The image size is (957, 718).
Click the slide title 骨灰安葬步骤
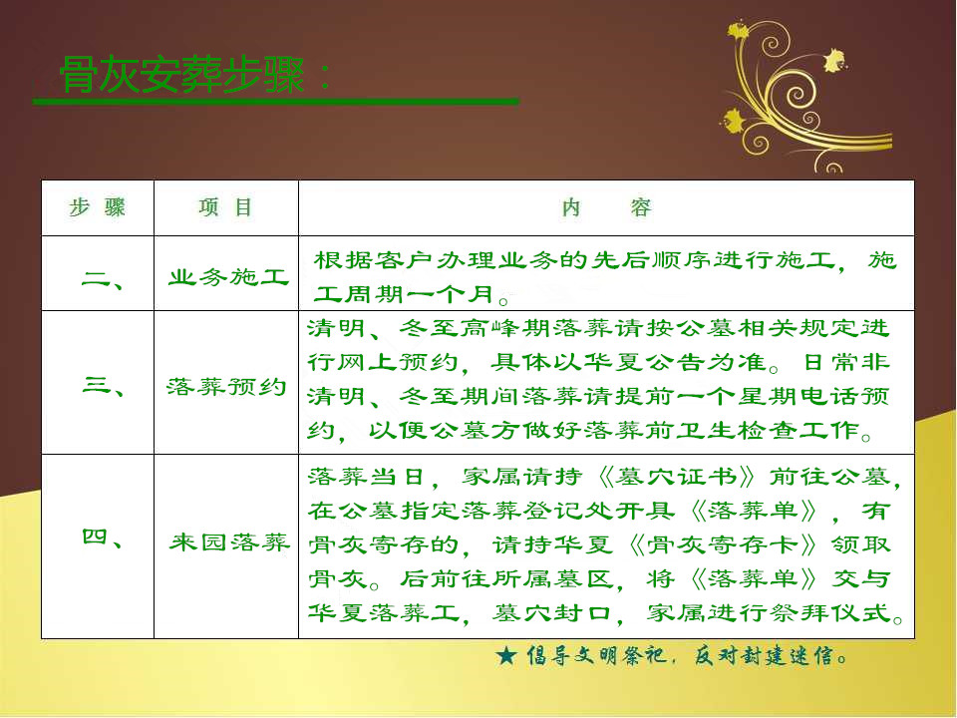coord(181,75)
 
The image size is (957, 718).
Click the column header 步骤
coord(98,207)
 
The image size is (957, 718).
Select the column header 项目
coord(225,207)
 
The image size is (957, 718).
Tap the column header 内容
coord(607,208)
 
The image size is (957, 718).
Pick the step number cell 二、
coord(102,280)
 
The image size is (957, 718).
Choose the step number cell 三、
coord(103,385)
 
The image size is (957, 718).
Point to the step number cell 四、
coord(103,538)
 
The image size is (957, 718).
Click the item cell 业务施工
coord(228,278)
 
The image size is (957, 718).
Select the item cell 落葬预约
coord(226,387)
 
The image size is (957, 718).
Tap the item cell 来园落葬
coord(229,542)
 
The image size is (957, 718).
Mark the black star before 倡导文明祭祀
coord(506,656)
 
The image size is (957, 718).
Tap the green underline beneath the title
coord(276,102)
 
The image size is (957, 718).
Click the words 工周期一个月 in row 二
coord(404,294)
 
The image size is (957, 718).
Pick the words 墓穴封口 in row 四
coord(551,612)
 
